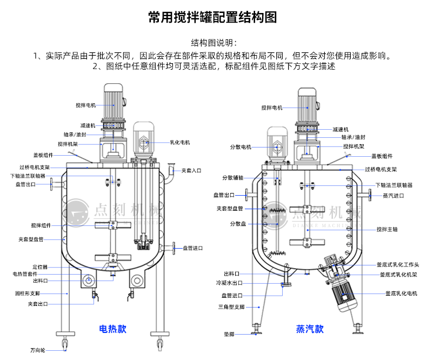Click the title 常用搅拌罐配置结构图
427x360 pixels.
[x=212, y=17]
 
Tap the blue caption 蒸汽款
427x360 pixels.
[x=310, y=328]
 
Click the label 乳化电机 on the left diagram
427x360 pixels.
[x=180, y=143]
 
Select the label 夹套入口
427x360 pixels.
[x=191, y=170]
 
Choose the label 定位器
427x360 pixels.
[x=40, y=267]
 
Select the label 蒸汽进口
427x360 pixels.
[x=393, y=195]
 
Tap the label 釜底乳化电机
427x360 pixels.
[x=401, y=293]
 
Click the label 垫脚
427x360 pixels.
[x=229, y=334]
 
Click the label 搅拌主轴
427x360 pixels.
[x=387, y=229]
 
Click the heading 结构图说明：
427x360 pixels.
[x=213, y=43]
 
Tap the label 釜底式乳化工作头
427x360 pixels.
[x=398, y=265]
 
